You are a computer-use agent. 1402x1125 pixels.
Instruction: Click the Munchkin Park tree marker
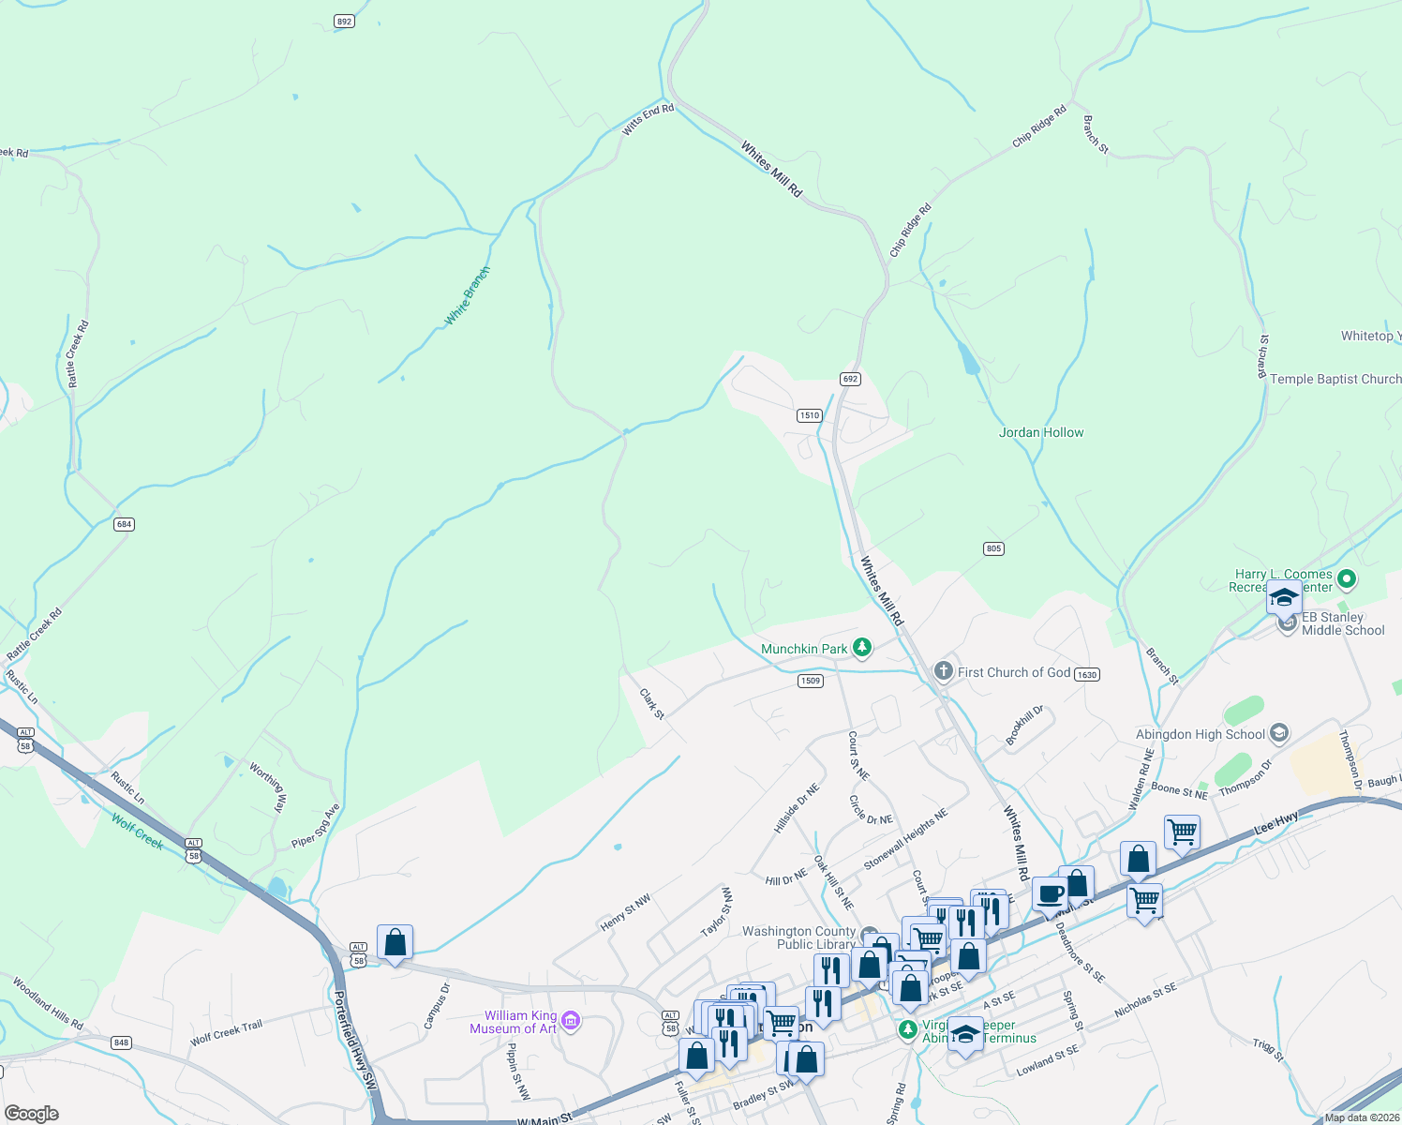(x=862, y=648)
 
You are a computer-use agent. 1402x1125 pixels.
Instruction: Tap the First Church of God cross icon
(x=944, y=671)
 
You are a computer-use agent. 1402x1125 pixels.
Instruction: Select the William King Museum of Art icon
(x=570, y=1021)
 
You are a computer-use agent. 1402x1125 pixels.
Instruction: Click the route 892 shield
(x=344, y=21)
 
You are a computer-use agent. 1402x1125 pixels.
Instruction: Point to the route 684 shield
(x=124, y=524)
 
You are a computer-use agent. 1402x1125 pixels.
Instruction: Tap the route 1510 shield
(x=810, y=415)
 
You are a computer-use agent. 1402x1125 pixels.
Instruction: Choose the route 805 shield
(x=993, y=548)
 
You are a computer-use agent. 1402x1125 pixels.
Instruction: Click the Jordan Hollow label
(x=1041, y=432)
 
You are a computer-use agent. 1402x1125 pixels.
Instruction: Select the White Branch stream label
(x=467, y=296)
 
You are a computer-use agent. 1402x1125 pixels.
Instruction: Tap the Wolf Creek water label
(x=137, y=832)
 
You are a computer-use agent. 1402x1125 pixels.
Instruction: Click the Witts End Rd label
(x=648, y=120)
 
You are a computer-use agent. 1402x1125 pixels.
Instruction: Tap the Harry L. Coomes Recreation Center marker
(x=1347, y=579)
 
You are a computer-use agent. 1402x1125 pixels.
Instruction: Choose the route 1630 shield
(x=1086, y=674)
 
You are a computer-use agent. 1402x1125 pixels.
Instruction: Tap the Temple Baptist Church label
(x=1335, y=379)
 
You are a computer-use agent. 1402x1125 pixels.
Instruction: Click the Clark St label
(x=652, y=704)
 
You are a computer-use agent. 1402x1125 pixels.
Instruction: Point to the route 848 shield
(x=120, y=1042)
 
